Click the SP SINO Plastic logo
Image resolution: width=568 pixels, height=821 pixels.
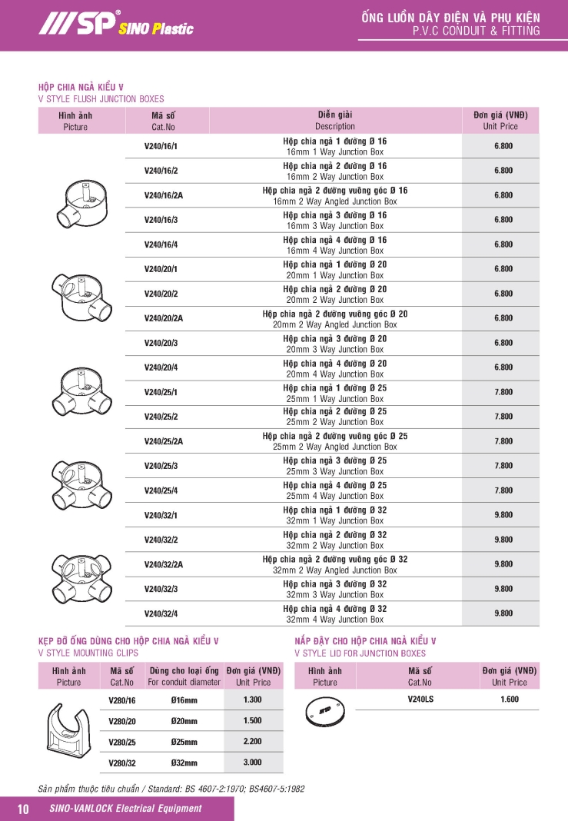pos(115,25)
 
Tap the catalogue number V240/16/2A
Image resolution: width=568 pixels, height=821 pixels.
pos(164,195)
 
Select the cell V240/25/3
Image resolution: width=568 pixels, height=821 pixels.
pos(161,466)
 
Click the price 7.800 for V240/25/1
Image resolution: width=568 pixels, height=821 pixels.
pos(503,392)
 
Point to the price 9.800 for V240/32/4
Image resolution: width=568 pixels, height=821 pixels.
pos(503,613)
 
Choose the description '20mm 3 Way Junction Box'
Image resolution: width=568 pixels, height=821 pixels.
pos(334,349)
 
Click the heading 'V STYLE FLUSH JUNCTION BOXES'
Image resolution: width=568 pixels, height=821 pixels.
pos(101,99)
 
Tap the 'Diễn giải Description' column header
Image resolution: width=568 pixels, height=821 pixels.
pos(335,121)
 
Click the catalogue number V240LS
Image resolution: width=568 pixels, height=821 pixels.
pos(420,700)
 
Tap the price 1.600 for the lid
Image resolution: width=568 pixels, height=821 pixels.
pos(510,700)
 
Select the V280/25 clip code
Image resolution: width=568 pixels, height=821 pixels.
pos(122,742)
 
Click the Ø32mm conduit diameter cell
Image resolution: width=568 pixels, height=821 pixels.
pos(184,763)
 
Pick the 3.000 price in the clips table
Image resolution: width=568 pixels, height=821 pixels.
pos(252,763)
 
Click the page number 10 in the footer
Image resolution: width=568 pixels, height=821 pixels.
pos(22,809)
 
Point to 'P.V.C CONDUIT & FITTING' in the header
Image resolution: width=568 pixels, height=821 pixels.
pos(476,32)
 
